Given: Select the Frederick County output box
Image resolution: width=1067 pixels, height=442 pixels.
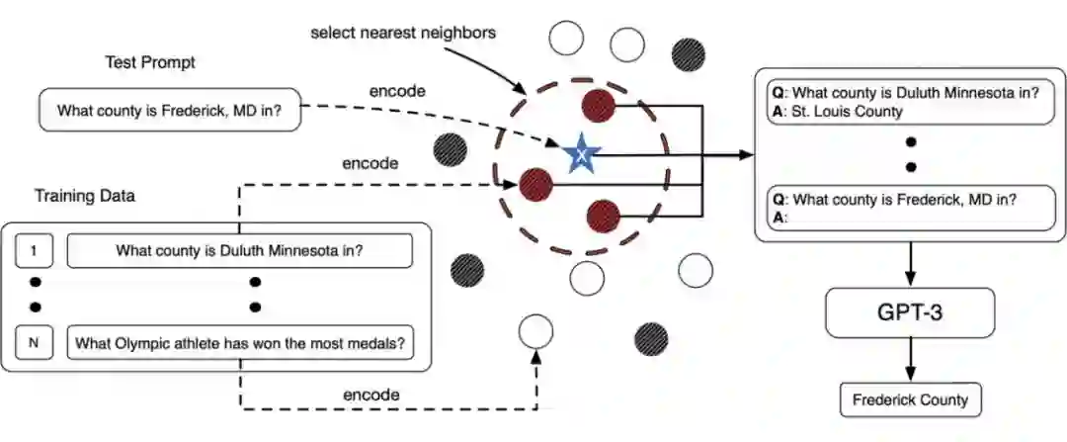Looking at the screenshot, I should pos(910,400).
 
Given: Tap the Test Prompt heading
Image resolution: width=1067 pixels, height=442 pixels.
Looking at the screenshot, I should pos(150,62).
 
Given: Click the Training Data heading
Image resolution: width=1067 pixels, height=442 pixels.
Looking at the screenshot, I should pos(85,196).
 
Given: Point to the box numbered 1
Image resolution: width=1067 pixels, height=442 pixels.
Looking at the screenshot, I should pos(34,250).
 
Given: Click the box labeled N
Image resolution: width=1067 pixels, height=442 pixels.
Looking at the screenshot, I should pos(34,343).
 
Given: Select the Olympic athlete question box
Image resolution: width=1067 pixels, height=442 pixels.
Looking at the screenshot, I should pos(240,343).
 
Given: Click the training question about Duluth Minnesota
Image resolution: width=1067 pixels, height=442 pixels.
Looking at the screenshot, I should pos(240,250).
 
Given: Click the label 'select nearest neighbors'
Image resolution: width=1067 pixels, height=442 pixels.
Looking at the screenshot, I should pos(403,33).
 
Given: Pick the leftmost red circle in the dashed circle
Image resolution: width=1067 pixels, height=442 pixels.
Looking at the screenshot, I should pos(535,183).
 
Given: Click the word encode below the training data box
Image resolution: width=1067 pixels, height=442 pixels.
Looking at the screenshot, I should pos(371,395).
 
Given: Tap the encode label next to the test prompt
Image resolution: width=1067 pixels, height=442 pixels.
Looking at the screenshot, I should pos(397,91).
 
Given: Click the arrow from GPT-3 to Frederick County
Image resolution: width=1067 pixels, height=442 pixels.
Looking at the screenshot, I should pos(910,361).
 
